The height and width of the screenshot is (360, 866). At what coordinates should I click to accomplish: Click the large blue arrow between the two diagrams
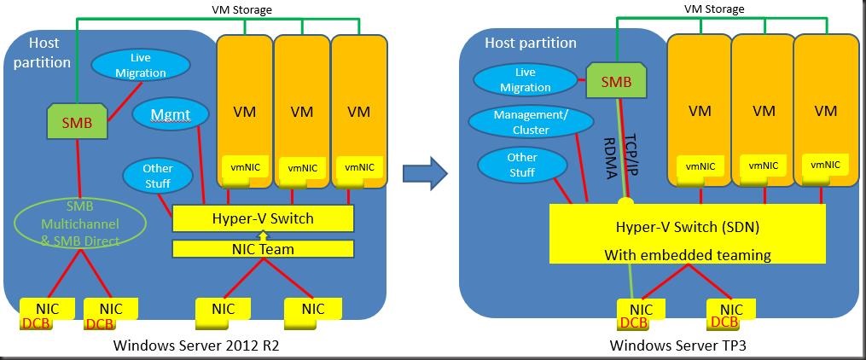click(425, 173)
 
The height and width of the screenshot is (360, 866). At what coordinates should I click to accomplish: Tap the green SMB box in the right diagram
click(613, 84)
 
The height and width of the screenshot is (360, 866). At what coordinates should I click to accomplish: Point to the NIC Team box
click(263, 249)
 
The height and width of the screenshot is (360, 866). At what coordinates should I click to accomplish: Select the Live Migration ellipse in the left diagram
click(141, 65)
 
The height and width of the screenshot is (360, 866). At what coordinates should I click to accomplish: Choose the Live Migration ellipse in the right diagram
click(525, 80)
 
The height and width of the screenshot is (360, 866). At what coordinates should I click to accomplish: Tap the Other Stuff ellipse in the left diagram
click(158, 176)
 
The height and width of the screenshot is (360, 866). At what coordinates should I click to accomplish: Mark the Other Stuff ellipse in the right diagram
click(521, 165)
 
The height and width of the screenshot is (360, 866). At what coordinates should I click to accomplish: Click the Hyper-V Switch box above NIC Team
click(263, 218)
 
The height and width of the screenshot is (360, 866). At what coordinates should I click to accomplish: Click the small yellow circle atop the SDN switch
click(625, 201)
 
